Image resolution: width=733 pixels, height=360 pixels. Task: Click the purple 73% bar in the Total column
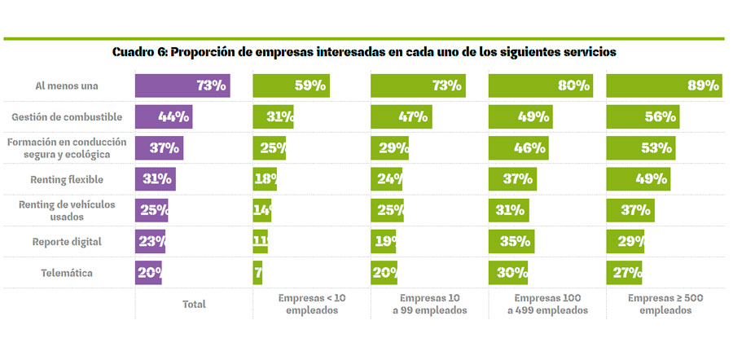pyautogui.click(x=182, y=86)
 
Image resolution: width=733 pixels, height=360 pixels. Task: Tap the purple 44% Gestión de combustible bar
pyautogui.click(x=163, y=116)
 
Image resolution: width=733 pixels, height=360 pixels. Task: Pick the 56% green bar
pyautogui.click(x=643, y=116)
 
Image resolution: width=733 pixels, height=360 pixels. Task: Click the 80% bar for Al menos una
pyautogui.click(x=541, y=86)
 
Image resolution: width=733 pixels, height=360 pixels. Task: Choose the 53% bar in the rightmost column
pyautogui.click(x=640, y=148)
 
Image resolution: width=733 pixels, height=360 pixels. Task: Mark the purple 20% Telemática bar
pyautogui.click(x=148, y=273)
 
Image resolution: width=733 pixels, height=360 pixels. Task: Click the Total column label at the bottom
pyautogui.click(x=193, y=304)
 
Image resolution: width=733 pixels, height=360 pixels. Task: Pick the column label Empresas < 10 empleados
pyautogui.click(x=312, y=304)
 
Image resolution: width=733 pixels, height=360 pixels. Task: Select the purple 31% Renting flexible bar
pyautogui.click(x=155, y=179)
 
